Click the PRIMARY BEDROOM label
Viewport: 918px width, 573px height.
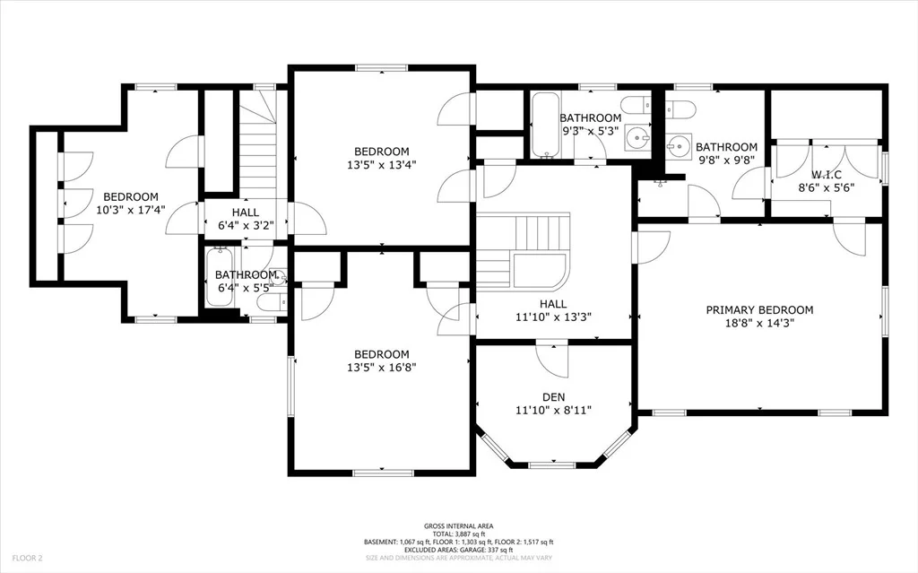pyautogui.click(x=759, y=310)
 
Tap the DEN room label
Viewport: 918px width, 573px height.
pyautogui.click(x=553, y=397)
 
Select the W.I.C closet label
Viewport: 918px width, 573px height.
pyautogui.click(x=826, y=175)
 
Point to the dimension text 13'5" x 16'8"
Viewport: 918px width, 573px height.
pyautogui.click(x=382, y=368)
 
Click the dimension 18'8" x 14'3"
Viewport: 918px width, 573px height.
pyautogui.click(x=759, y=323)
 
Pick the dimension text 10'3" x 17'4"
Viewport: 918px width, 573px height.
pyautogui.click(x=131, y=210)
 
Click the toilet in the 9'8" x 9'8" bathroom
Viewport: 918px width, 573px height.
pyautogui.click(x=680, y=109)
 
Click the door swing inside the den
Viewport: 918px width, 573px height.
pyautogui.click(x=552, y=360)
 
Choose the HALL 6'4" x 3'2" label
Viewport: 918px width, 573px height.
pyautogui.click(x=246, y=219)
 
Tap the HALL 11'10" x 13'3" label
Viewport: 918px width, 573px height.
pyautogui.click(x=553, y=310)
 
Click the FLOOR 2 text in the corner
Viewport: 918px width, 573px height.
pyautogui.click(x=28, y=559)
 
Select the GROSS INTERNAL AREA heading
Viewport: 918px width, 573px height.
pyautogui.click(x=459, y=526)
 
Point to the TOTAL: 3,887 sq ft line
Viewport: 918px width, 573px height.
pyautogui.click(x=459, y=534)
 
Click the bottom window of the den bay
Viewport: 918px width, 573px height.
pyautogui.click(x=552, y=465)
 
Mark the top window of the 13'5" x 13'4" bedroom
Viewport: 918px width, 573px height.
pyautogui.click(x=382, y=68)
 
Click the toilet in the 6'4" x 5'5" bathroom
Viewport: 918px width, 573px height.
pyautogui.click(x=273, y=301)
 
